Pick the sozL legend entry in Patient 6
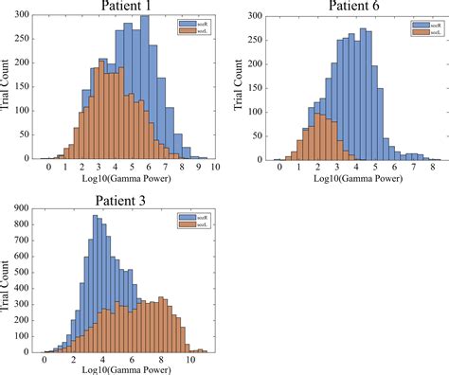(425, 31)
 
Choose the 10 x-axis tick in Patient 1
(216, 167)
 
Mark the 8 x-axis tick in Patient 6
(424, 167)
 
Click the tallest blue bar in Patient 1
(144, 85)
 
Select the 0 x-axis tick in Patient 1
(48, 167)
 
